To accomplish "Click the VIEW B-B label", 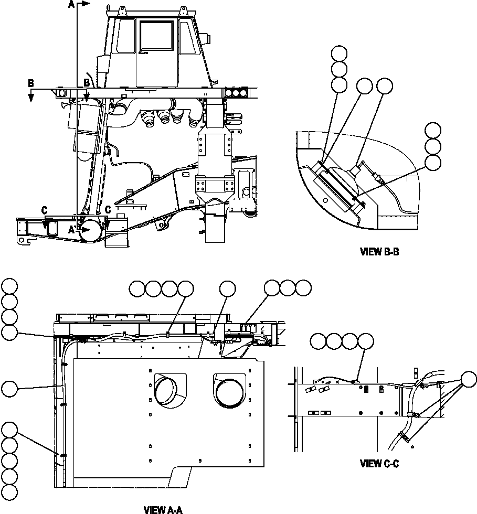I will (379, 252).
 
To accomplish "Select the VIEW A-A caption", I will (163, 509).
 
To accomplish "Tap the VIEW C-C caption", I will (379, 463).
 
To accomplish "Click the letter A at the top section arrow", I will (71, 5).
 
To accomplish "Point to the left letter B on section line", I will (31, 83).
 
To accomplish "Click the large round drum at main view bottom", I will (91, 229).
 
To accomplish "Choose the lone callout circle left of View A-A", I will (9, 388).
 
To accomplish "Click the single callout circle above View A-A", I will (227, 287).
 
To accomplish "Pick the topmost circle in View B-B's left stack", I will (340, 53).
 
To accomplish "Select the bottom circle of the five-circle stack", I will (9, 492).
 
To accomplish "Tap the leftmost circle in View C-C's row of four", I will (318, 341).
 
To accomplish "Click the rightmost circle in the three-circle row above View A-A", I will (303, 287).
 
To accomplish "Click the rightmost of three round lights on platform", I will (243, 93).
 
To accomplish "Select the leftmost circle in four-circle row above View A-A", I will (137, 287).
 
